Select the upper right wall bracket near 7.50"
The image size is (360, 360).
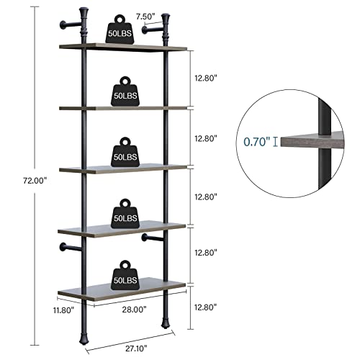pyautogui.click(x=153, y=30)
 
